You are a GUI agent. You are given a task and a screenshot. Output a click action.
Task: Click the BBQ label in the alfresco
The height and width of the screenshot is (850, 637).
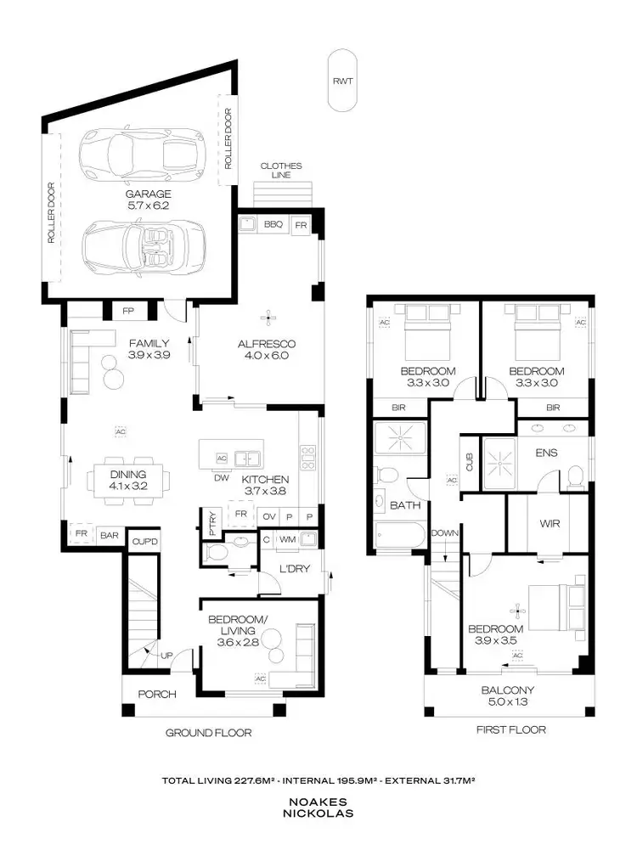pyautogui.click(x=273, y=225)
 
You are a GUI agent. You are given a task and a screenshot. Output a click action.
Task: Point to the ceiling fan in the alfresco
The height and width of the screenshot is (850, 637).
pyautogui.click(x=270, y=318)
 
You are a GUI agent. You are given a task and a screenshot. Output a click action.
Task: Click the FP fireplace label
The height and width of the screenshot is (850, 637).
pyautogui.click(x=128, y=312)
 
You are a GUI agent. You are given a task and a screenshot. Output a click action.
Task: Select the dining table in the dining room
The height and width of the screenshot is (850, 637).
pyautogui.click(x=127, y=481)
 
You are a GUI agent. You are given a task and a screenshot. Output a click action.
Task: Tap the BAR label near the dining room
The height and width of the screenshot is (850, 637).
pyautogui.click(x=109, y=535)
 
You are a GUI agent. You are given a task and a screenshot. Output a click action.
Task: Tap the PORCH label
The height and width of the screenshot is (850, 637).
pyautogui.click(x=156, y=694)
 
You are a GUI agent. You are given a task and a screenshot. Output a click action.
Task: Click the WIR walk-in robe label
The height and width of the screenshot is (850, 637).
pyautogui.click(x=548, y=524)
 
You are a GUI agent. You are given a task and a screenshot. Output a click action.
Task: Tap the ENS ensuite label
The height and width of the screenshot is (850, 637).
pyautogui.click(x=546, y=453)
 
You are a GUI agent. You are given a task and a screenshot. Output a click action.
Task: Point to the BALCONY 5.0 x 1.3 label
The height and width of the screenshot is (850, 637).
pyautogui.click(x=505, y=696)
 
